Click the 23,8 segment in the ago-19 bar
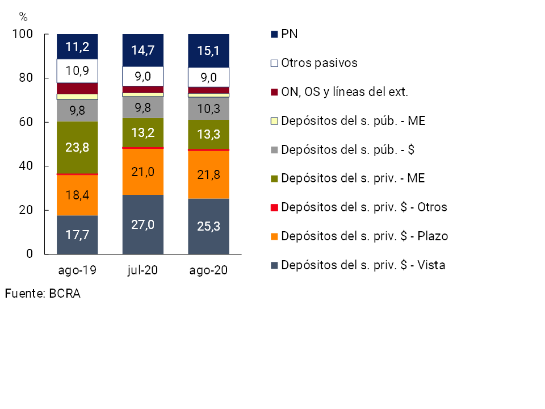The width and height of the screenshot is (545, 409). [77, 148]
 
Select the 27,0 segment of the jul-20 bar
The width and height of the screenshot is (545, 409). [143, 224]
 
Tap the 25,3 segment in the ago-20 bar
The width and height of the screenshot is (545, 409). [208, 226]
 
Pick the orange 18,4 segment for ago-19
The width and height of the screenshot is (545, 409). [77, 195]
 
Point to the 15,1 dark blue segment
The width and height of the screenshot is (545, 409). [208, 51]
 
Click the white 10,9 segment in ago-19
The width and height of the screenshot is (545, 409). [77, 71]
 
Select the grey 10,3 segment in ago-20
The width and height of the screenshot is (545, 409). [208, 108]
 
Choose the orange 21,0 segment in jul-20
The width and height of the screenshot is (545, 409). [143, 172]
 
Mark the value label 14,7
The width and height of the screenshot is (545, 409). [143, 50]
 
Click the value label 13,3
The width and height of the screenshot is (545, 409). [208, 134]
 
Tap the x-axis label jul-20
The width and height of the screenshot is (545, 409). [143, 270]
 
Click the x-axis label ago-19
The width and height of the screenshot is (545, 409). [77, 270]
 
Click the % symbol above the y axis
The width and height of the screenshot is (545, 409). [23, 16]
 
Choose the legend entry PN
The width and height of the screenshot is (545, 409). [290, 34]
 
